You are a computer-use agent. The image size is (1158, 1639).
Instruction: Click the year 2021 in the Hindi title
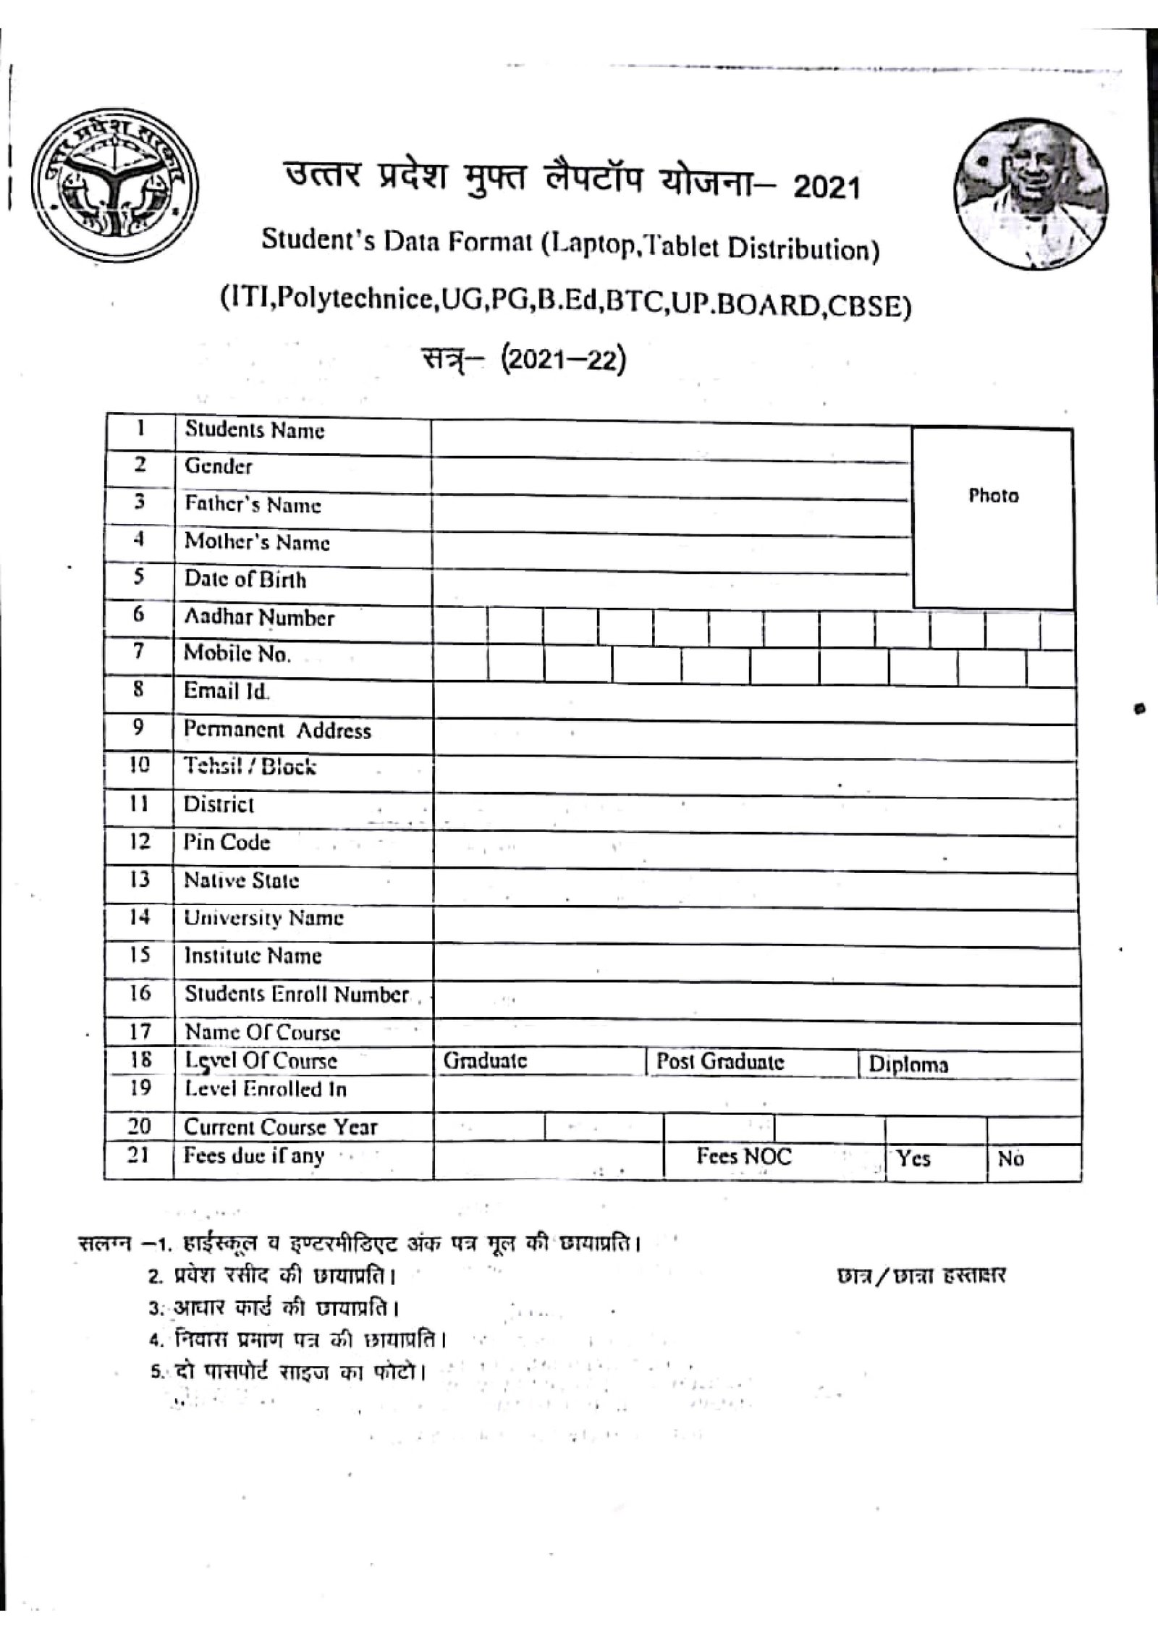(x=827, y=188)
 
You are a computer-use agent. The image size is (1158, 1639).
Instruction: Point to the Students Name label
(x=255, y=430)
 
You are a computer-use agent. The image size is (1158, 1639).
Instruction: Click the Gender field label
(x=218, y=466)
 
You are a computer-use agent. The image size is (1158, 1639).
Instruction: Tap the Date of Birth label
(x=245, y=580)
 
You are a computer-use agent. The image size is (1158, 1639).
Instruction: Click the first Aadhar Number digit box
(x=460, y=626)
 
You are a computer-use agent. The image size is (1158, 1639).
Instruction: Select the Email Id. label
(x=227, y=691)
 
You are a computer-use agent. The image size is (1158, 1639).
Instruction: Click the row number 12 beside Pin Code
(x=139, y=842)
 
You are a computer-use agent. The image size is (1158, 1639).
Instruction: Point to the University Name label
(x=263, y=919)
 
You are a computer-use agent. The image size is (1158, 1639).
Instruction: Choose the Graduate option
(x=485, y=1061)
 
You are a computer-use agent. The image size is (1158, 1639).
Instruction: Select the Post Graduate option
(x=720, y=1062)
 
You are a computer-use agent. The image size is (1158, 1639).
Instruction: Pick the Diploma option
(x=908, y=1065)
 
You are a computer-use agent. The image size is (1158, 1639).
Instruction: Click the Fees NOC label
(x=744, y=1156)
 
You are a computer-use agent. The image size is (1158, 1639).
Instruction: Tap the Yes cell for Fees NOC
(x=913, y=1159)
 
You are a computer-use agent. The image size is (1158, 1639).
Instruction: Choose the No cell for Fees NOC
(x=1010, y=1159)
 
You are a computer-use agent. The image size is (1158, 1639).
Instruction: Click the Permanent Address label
(x=277, y=730)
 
